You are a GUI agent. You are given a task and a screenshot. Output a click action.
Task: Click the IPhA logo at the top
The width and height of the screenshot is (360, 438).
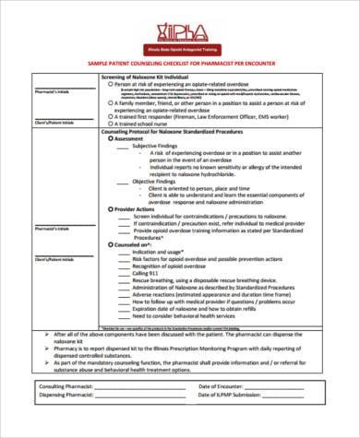click(180, 24)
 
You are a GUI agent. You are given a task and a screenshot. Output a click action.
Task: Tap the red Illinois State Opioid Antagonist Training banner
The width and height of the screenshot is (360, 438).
click(180, 46)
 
